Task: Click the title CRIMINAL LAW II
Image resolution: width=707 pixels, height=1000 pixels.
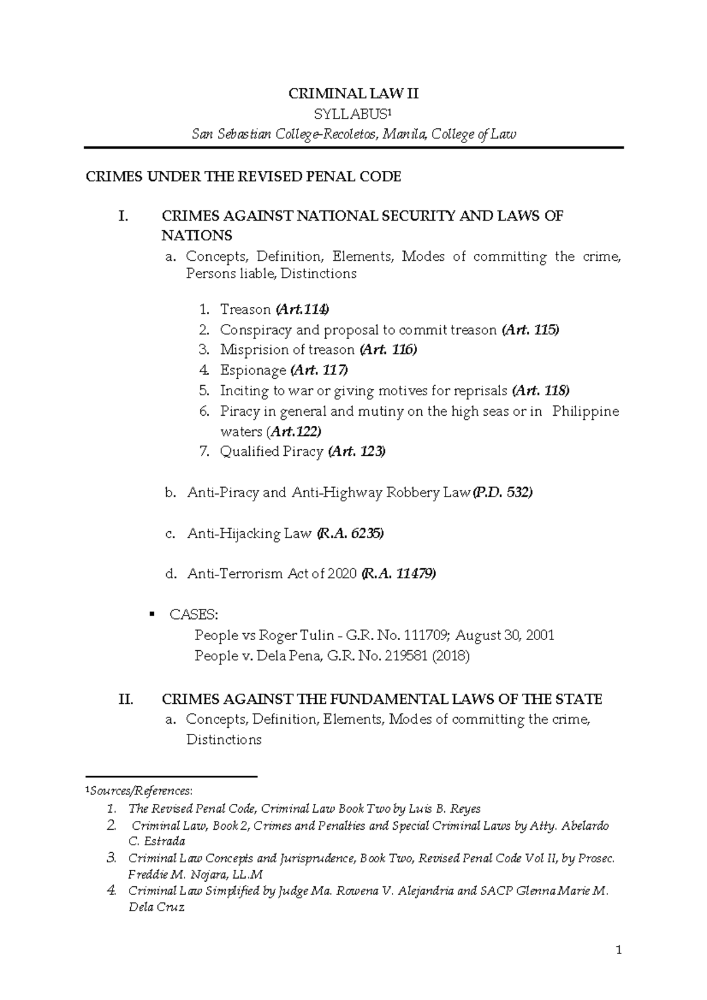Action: (x=353, y=94)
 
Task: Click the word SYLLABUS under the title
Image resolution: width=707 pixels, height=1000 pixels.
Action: (x=351, y=114)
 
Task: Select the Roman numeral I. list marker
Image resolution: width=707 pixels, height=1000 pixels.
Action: (x=123, y=216)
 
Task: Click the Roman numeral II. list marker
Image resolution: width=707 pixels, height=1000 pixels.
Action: (x=125, y=700)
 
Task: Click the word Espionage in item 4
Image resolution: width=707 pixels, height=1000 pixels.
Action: (x=253, y=370)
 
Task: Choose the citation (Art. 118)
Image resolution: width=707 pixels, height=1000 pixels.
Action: (x=540, y=390)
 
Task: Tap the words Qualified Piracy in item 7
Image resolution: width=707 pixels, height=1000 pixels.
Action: (x=272, y=452)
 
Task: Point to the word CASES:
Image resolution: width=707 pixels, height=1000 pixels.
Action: (x=193, y=615)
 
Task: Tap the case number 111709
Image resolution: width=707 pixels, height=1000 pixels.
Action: (x=428, y=635)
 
